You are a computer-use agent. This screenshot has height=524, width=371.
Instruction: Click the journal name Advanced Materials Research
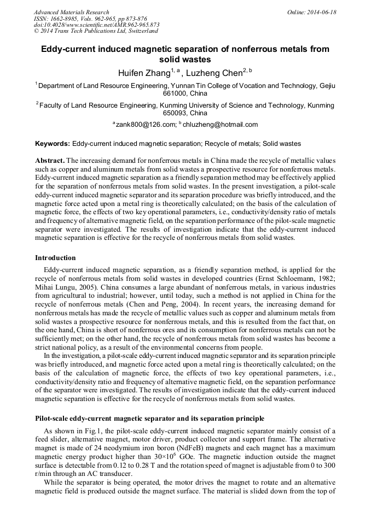click(x=71, y=12)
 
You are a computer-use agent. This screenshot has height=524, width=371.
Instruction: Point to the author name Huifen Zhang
click(x=143, y=73)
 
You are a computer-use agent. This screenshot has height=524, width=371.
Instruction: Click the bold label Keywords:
click(x=53, y=144)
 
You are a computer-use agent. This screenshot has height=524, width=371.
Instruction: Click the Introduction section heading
click(x=55, y=257)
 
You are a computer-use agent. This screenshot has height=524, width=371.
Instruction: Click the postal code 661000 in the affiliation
click(x=176, y=93)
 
